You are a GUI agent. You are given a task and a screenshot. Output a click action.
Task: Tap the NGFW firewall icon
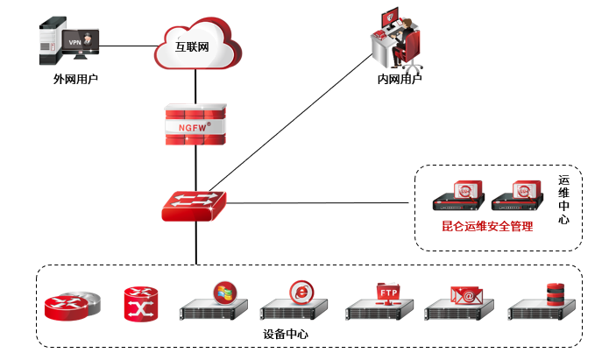195,126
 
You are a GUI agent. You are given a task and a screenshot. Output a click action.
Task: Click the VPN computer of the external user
71,44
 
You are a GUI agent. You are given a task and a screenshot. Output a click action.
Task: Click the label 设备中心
286,335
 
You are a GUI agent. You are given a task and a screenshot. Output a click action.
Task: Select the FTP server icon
379,303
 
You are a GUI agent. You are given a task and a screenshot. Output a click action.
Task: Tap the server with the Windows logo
214,303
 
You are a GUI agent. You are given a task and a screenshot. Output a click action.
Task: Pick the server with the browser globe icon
296,303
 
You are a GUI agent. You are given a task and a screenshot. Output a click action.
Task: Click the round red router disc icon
71,305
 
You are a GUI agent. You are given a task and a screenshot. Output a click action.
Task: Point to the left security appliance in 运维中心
458,198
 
